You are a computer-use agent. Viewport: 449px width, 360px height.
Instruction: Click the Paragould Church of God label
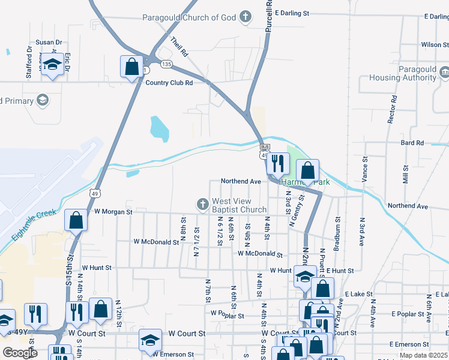(x=189, y=17)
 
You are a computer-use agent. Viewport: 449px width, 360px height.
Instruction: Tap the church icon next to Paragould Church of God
(x=245, y=17)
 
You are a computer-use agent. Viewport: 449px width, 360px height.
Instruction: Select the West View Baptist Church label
(x=239, y=205)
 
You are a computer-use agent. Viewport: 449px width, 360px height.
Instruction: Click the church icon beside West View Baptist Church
(x=203, y=205)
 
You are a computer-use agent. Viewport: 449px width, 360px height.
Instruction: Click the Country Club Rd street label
(x=169, y=83)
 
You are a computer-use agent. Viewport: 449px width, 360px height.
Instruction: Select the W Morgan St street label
(x=113, y=212)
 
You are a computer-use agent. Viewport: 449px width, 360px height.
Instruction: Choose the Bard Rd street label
(x=412, y=143)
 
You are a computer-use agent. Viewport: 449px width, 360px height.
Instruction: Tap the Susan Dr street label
(x=49, y=42)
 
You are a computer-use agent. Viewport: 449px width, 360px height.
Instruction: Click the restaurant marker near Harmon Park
(x=278, y=163)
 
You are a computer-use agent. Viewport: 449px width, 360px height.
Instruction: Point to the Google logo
(x=19, y=353)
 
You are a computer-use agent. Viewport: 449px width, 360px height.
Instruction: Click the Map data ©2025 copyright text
(x=423, y=355)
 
